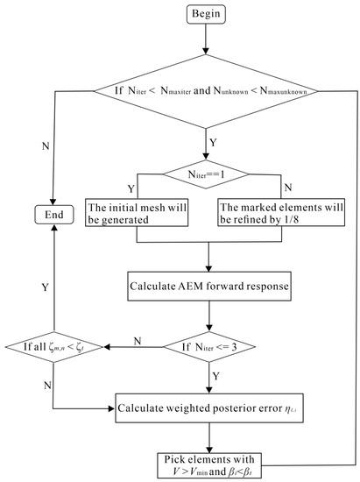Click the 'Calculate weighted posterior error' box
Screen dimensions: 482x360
point(209,408)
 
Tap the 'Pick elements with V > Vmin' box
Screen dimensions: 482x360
point(209,464)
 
